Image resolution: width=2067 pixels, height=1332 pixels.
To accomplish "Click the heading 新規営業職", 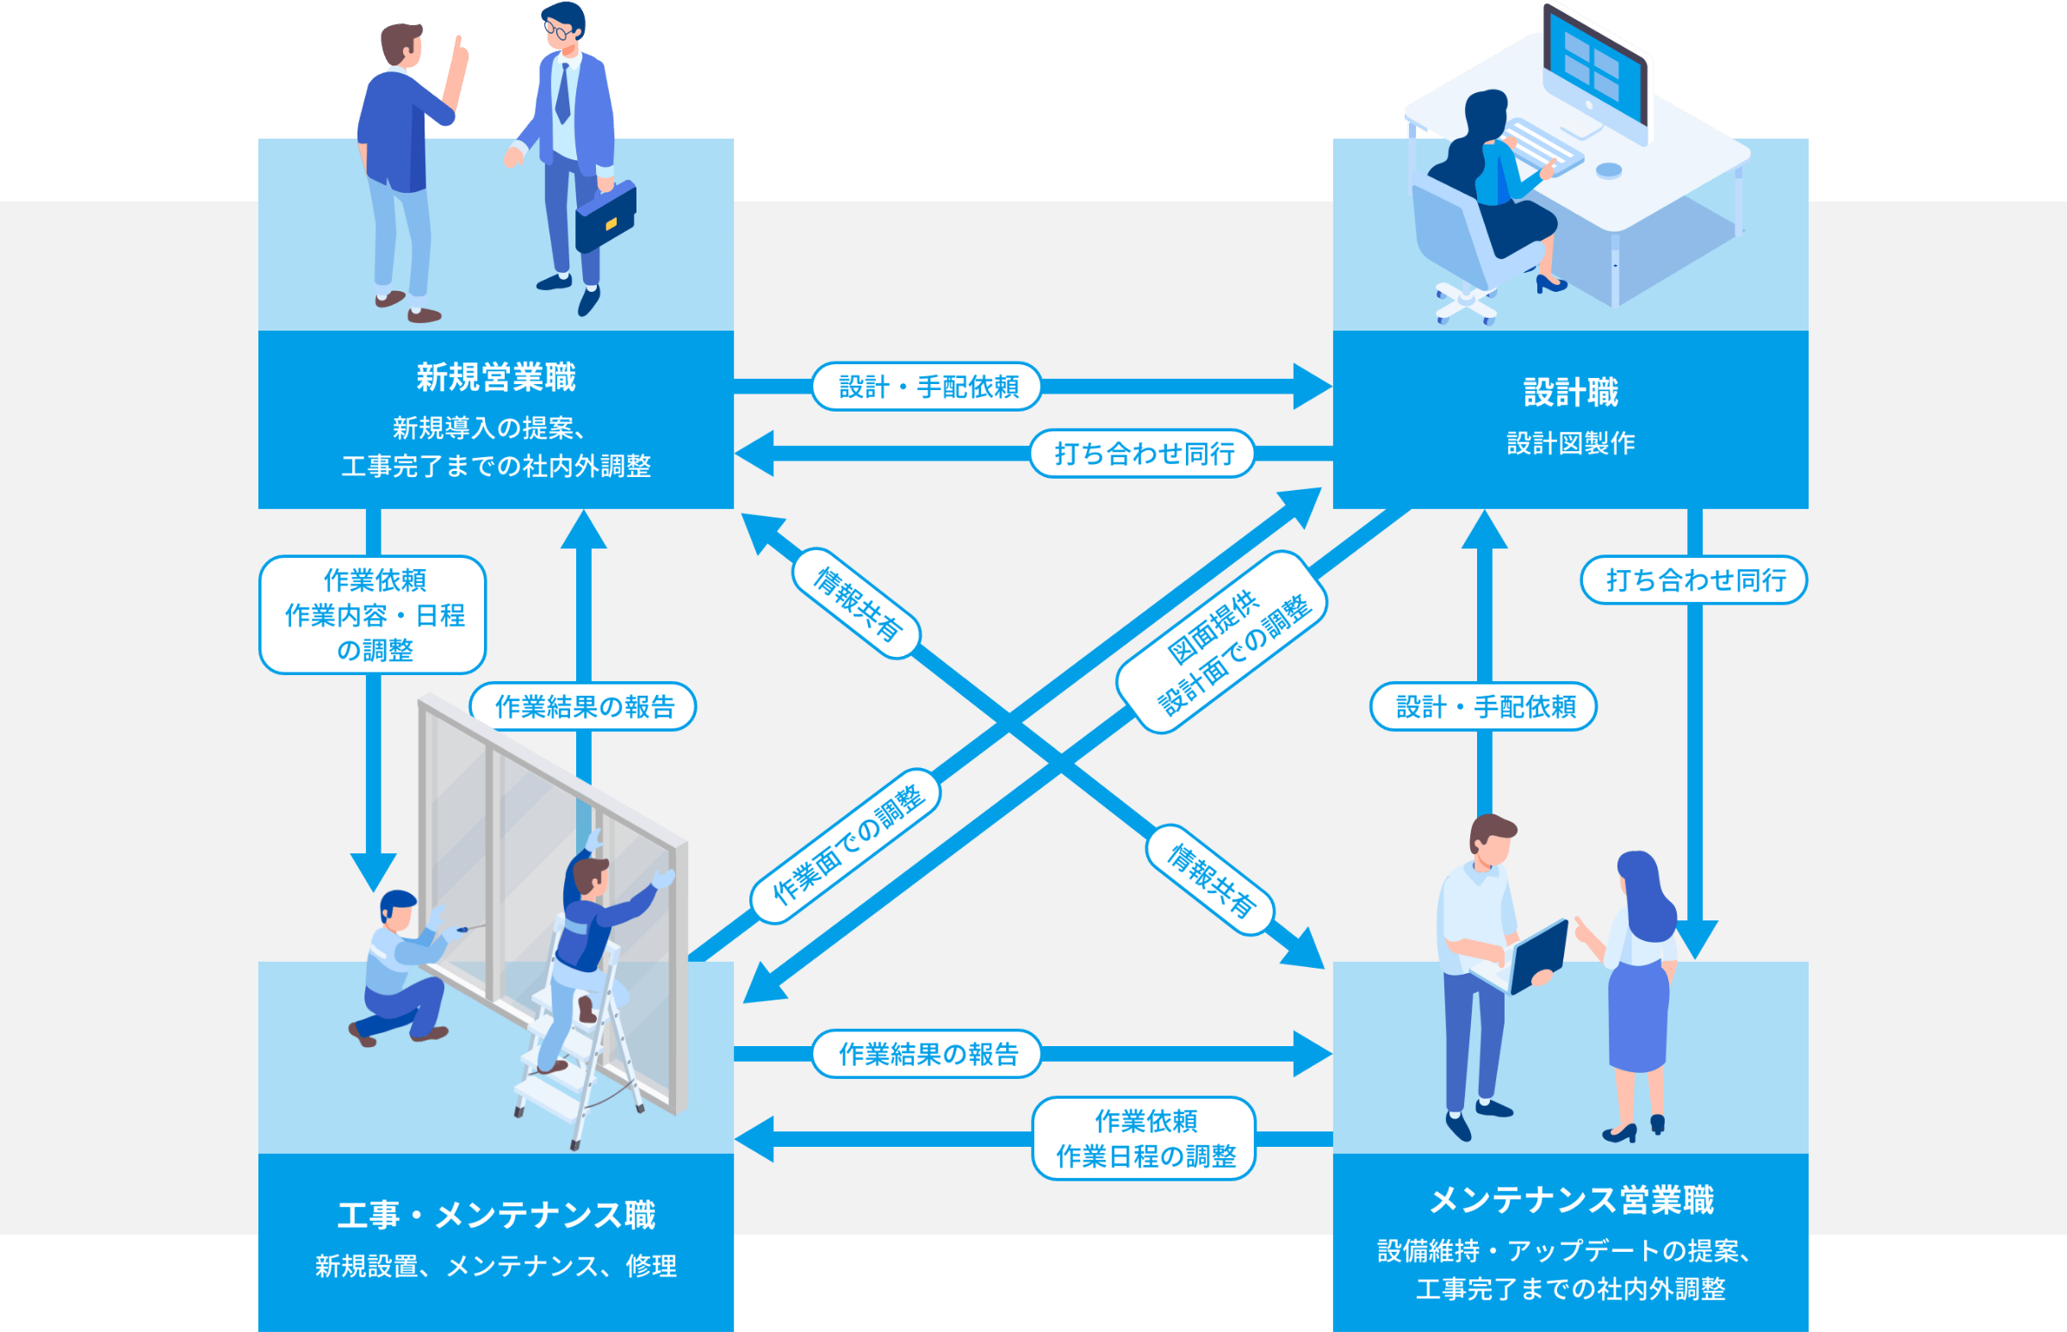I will coord(496,378).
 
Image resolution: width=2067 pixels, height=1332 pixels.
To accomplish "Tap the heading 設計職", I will coord(1570,393).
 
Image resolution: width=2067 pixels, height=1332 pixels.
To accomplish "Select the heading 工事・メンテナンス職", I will coord(496,1215).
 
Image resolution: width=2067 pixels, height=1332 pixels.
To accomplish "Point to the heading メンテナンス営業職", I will coord(1570,1200).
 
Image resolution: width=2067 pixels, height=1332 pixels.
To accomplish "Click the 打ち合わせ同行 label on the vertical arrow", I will coord(1694,579).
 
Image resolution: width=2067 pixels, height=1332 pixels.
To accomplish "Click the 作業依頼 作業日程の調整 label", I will coord(1144,1138).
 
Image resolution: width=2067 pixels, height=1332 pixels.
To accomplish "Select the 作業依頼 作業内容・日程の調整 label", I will coord(373,615).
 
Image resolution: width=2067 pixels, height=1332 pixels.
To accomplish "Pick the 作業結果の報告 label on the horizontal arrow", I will coord(927,1054).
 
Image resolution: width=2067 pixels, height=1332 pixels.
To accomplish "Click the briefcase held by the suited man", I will coord(605,216).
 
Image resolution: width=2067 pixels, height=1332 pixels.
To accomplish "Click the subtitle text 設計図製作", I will coord(1570,443).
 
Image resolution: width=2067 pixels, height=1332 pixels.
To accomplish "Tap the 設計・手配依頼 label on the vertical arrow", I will coord(1484,707).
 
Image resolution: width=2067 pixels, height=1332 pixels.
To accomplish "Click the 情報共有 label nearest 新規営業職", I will coord(855,604).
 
